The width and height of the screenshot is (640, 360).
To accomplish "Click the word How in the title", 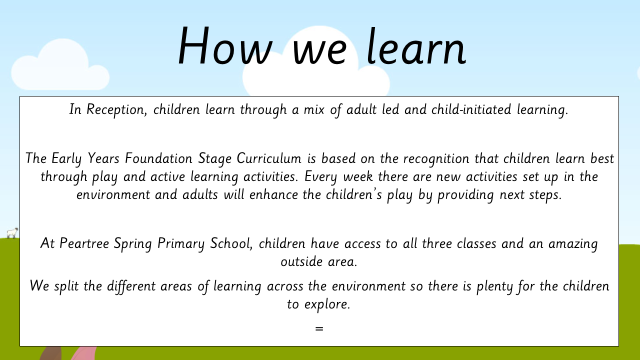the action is [x=225, y=45].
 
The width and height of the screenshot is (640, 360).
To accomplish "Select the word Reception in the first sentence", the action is [x=117, y=109].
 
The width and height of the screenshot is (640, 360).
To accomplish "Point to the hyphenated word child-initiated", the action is [x=471, y=109].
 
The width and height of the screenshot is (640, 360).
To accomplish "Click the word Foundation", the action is [x=159, y=158].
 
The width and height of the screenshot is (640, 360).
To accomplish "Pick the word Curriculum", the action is [x=269, y=158].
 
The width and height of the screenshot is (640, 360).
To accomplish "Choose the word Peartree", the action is [x=84, y=243].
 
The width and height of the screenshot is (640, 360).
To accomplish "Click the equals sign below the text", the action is [x=319, y=329].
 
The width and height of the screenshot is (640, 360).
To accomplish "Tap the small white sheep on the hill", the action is [x=12, y=233].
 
